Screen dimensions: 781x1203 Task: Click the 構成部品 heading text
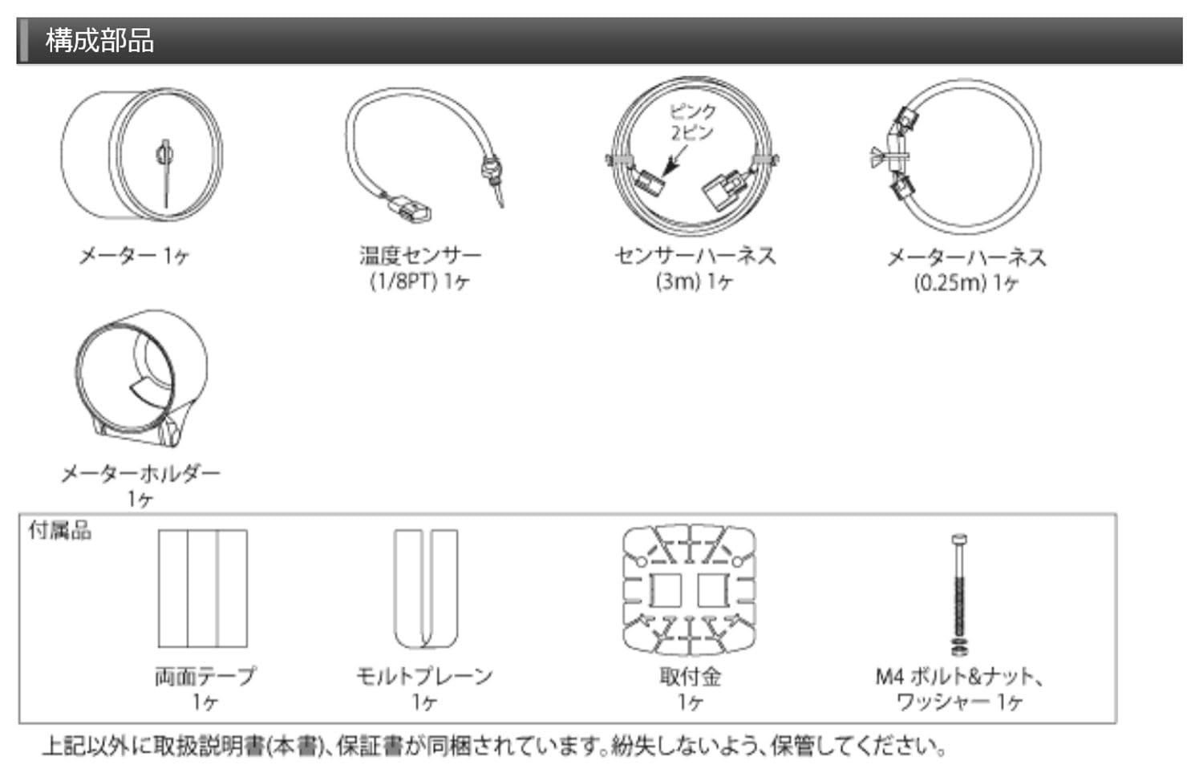99,40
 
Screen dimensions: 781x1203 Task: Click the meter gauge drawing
141,153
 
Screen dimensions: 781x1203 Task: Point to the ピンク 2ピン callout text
691,122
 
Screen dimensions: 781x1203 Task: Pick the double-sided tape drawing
202,589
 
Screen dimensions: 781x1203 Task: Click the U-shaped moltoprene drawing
425,589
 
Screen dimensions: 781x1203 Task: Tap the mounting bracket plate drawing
690,589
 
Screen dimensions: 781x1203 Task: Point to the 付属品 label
60,530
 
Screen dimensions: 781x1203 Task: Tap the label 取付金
690,676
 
